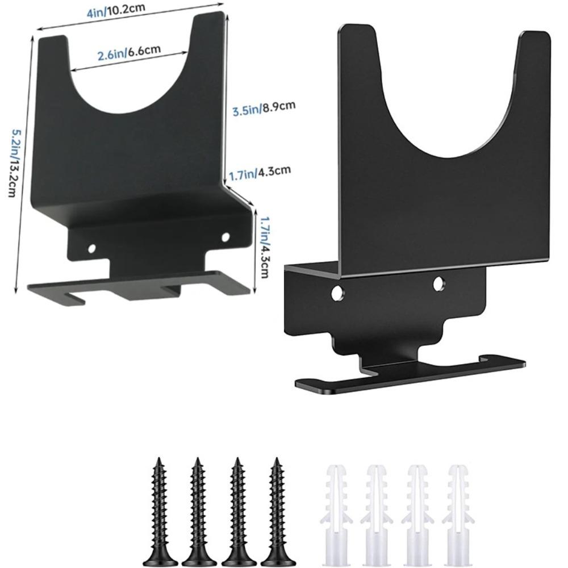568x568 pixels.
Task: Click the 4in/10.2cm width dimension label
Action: pyautogui.click(x=115, y=10)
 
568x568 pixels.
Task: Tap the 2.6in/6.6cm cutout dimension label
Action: pyautogui.click(x=129, y=52)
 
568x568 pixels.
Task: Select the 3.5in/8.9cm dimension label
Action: pyautogui.click(x=264, y=108)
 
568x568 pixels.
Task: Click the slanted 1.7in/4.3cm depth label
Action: pyautogui.click(x=260, y=173)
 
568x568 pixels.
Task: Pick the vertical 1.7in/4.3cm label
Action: pyautogui.click(x=264, y=247)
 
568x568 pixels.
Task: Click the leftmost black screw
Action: pyautogui.click(x=158, y=511)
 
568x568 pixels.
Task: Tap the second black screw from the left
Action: pyautogui.click(x=198, y=511)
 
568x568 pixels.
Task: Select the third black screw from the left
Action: pyautogui.click(x=237, y=511)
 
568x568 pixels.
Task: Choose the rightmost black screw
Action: pyautogui.click(x=277, y=511)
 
